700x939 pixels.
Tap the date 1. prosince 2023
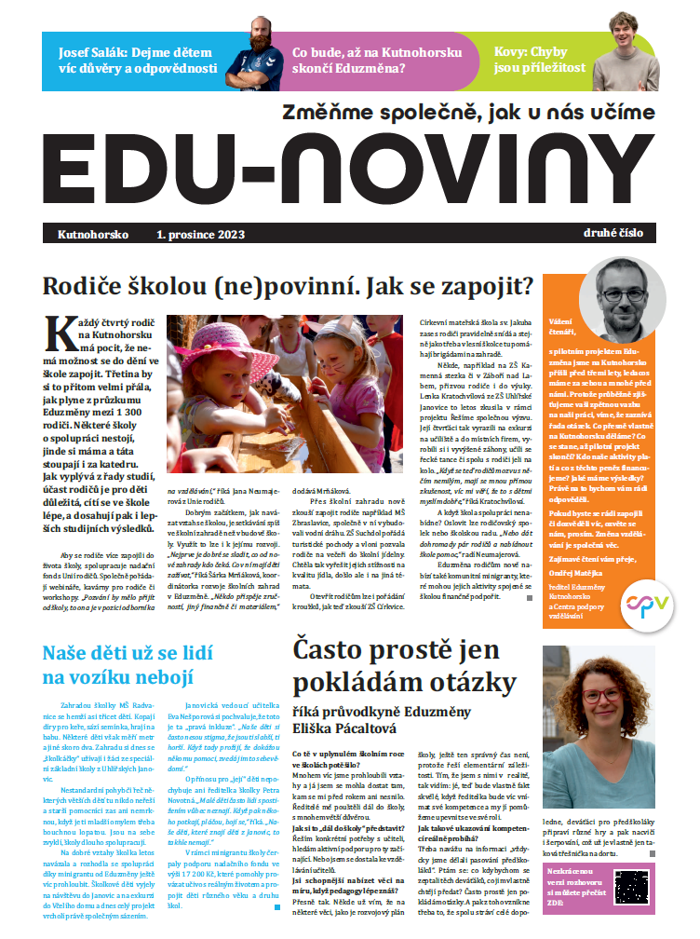click(x=201, y=235)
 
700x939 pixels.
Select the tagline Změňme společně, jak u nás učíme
click(x=462, y=114)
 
